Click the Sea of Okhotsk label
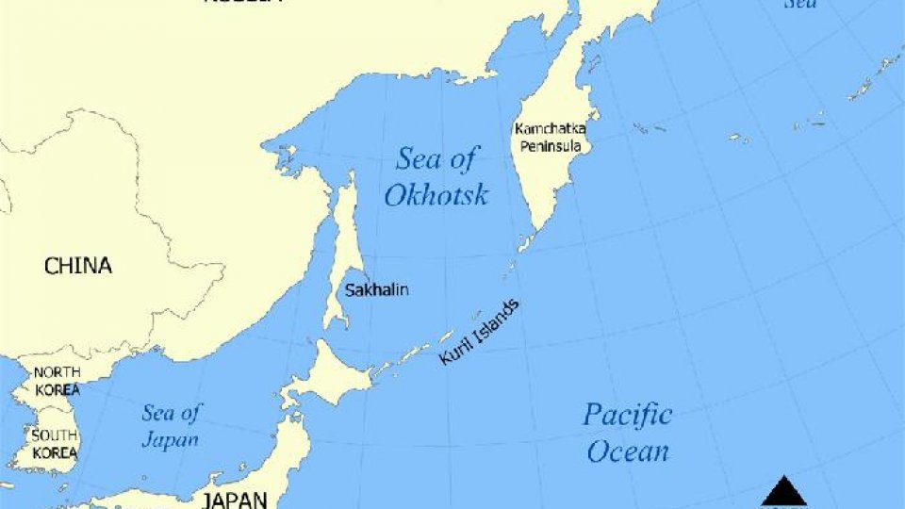point(436,176)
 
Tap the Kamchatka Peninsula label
point(551,138)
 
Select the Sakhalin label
point(376,290)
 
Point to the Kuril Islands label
point(479,333)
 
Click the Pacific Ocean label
point(628,433)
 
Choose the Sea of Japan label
point(171,426)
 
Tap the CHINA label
point(78,266)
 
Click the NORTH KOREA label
point(57,381)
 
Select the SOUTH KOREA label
point(54,443)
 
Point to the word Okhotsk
point(436,196)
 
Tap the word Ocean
point(628,452)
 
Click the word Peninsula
point(551,146)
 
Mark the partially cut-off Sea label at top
point(801,4)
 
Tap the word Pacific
point(628,415)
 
